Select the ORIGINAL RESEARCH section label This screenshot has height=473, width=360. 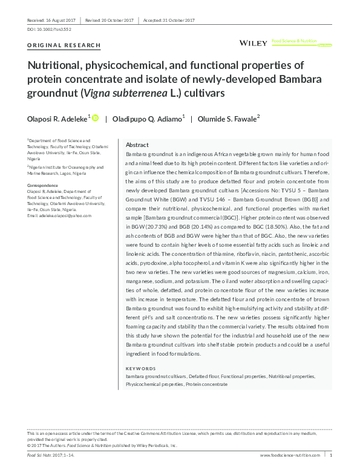click(56, 45)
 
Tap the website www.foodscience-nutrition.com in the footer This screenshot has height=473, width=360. click(290, 454)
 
